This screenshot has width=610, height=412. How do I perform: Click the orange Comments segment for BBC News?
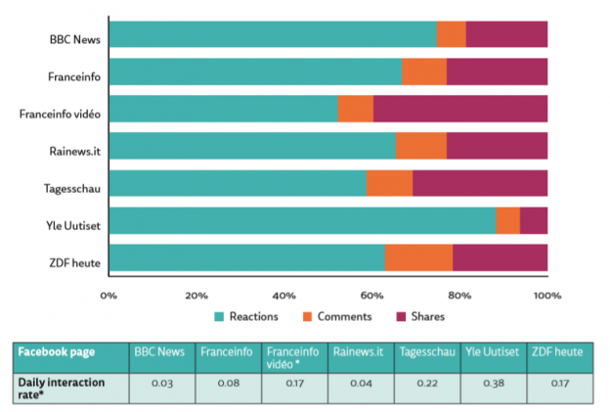point(452,34)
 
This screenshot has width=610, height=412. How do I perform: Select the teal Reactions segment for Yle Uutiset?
point(302,221)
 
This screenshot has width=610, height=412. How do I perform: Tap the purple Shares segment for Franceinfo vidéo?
point(460,109)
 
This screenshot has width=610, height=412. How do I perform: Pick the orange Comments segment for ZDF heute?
point(418,258)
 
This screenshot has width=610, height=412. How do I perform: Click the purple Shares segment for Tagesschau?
point(480,184)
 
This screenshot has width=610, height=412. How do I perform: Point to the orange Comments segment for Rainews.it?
point(421,147)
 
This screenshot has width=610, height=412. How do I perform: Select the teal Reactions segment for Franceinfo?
point(255,71)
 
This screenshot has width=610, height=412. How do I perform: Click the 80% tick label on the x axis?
point(459,294)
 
